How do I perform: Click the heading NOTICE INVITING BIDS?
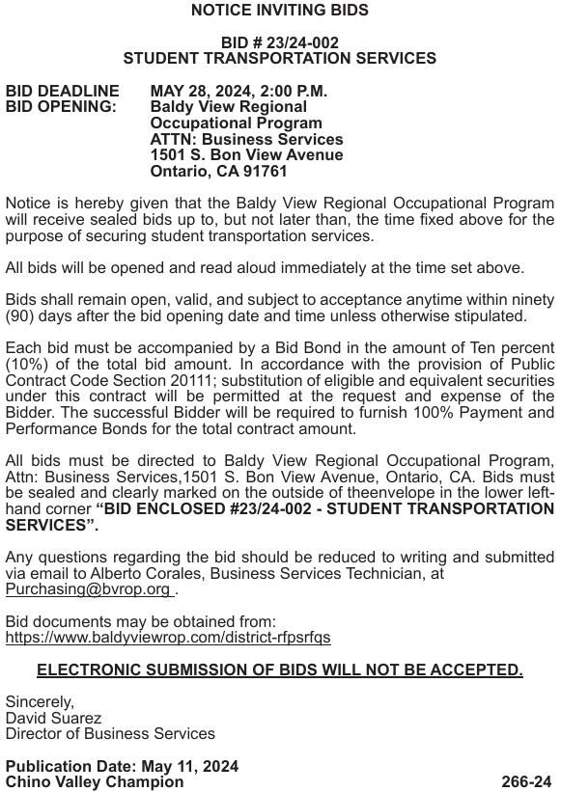point(280,11)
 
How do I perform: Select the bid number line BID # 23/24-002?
point(280,42)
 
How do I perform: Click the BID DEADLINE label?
point(63,91)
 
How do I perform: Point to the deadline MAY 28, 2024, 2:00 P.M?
point(238,91)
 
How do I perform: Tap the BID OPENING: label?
point(61,107)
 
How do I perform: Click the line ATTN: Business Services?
point(246,139)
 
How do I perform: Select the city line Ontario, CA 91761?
point(218,172)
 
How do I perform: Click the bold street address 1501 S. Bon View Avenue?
point(246,155)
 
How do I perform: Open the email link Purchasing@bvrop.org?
point(88,589)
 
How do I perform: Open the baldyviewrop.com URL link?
point(168,638)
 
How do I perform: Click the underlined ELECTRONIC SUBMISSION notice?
point(280,669)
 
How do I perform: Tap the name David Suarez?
point(53,718)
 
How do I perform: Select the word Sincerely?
point(40,702)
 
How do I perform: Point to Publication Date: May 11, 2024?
point(122,767)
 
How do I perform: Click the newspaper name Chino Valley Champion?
point(95,782)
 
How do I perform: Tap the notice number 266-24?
point(527,782)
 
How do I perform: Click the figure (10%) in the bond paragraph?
point(27,365)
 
